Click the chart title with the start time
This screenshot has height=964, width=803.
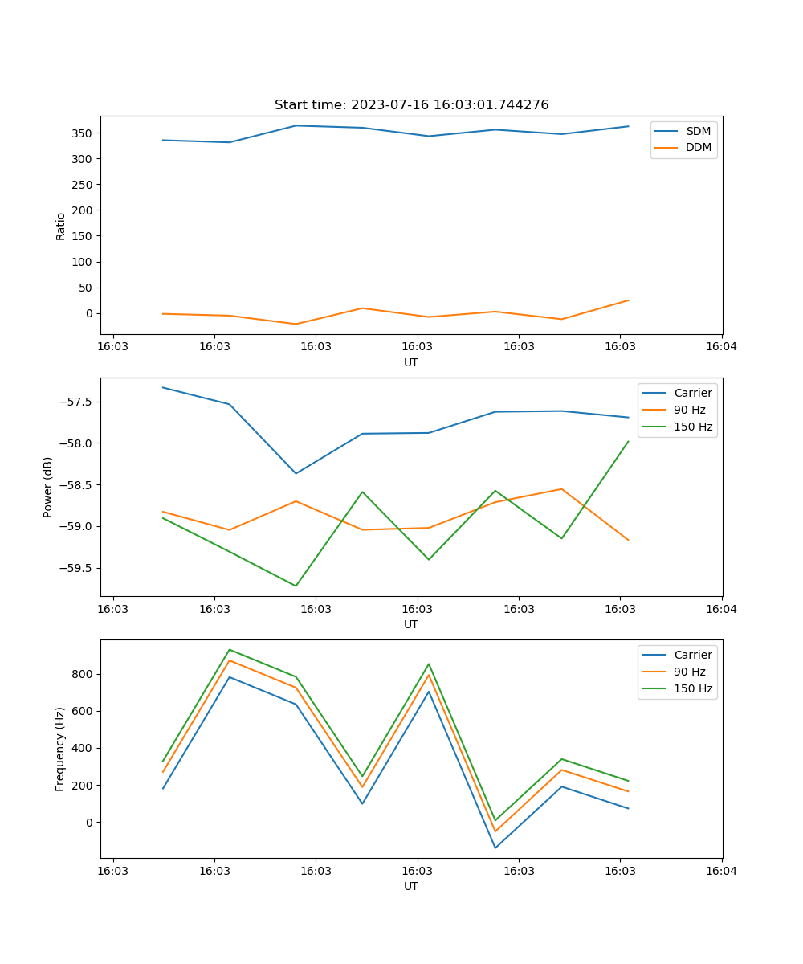tap(411, 105)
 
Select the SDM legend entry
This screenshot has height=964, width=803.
tap(698, 131)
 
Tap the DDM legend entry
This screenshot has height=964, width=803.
tap(698, 147)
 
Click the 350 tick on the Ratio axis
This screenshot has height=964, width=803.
tap(84, 133)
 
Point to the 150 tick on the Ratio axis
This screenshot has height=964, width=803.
tap(84, 236)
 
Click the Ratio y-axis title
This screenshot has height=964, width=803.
tap(61, 226)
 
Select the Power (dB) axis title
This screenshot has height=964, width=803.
tap(48, 487)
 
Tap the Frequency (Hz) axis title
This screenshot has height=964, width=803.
tap(60, 749)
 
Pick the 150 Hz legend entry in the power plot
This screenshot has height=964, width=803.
tap(693, 427)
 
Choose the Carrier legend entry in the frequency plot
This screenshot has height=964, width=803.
tap(693, 655)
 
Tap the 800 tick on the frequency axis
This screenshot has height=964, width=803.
tap(84, 674)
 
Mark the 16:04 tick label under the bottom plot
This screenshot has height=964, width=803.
tap(721, 871)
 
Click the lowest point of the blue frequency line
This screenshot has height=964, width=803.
tap(495, 848)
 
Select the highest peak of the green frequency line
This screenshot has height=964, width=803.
tap(230, 650)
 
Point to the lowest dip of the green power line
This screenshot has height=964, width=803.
tap(296, 586)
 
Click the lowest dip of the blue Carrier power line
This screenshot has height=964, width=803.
tap(296, 473)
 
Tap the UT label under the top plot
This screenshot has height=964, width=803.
tap(411, 362)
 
